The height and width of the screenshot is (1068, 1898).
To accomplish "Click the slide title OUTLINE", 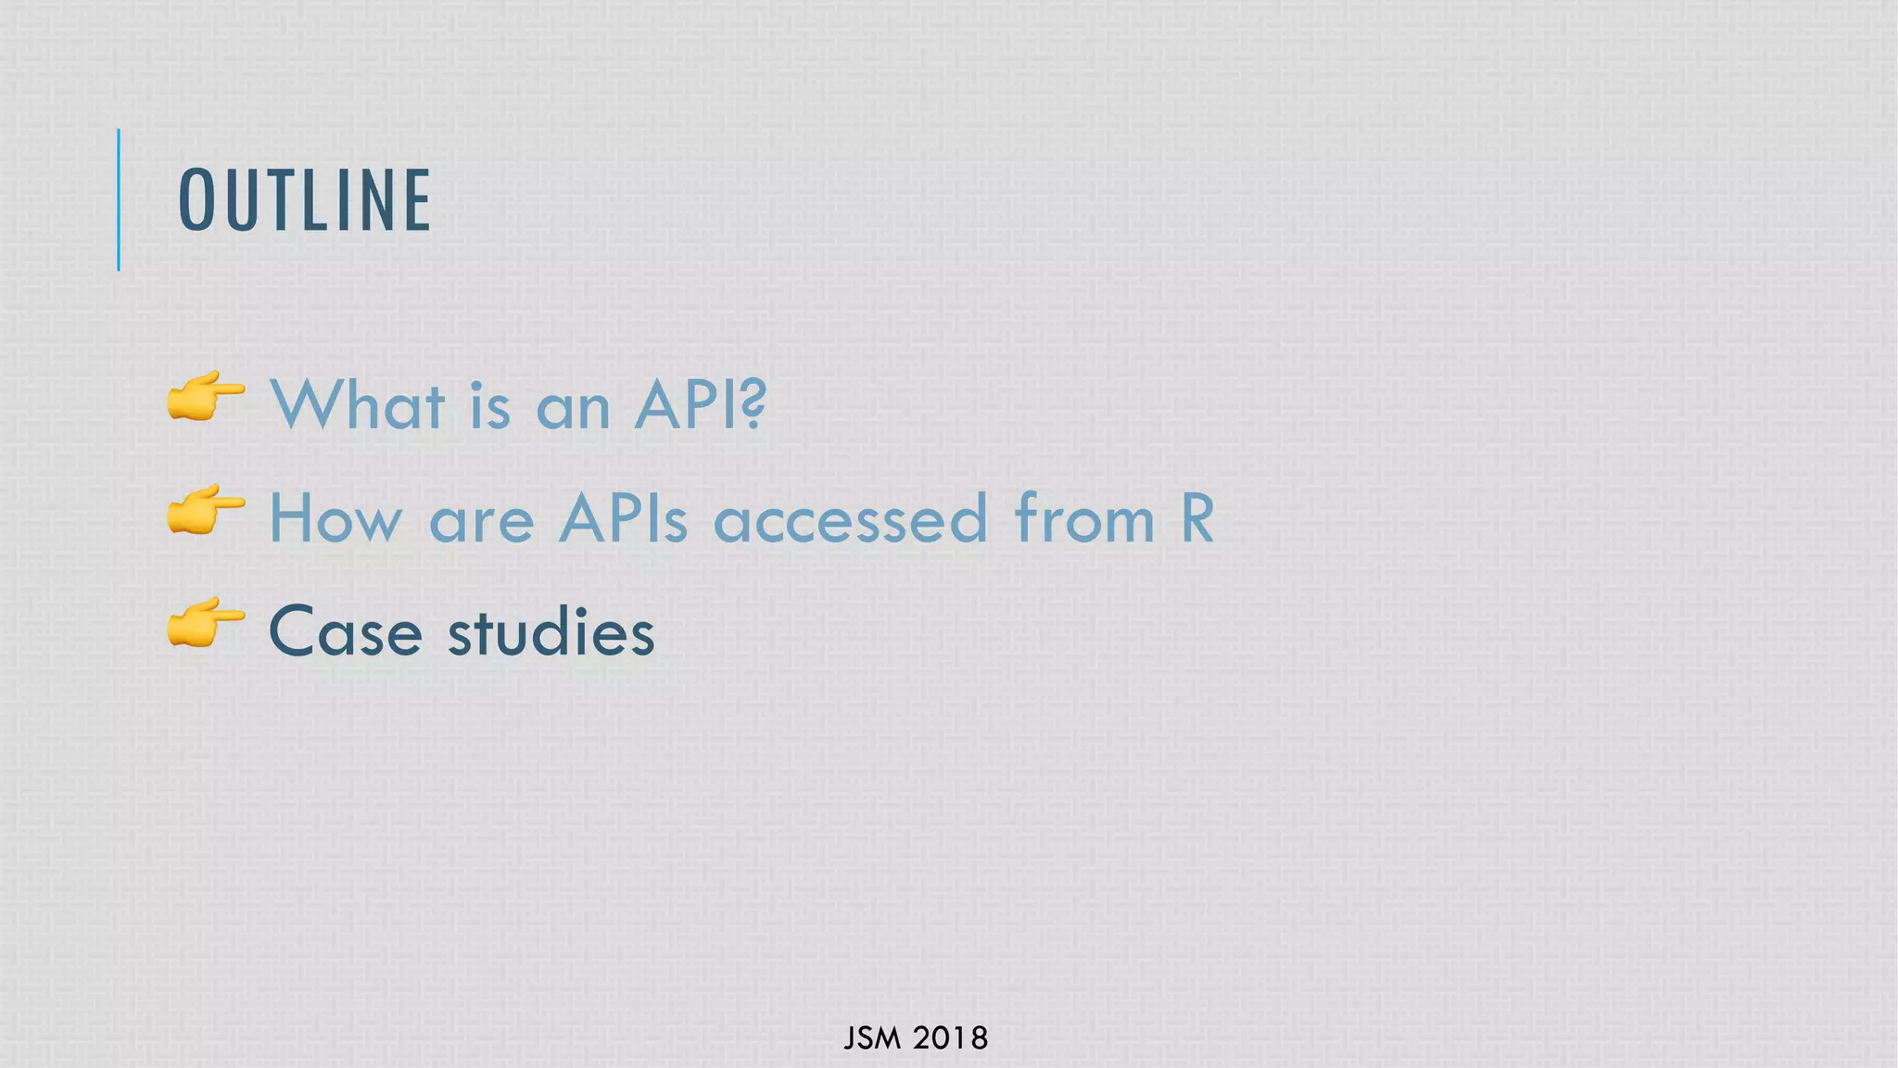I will [x=304, y=200].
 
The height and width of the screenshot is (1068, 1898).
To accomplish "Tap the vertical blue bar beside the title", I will [x=119, y=199].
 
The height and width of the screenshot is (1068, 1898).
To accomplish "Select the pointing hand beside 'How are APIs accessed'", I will [x=206, y=510].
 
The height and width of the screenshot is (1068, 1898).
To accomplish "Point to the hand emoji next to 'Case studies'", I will [x=206, y=623].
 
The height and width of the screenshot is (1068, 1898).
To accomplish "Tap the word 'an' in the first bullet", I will [x=573, y=410].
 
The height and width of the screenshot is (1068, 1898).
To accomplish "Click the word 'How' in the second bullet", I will [x=335, y=518].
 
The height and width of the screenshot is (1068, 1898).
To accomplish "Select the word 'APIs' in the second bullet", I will [x=623, y=518].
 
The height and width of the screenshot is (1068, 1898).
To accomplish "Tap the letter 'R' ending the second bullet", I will [x=1197, y=518].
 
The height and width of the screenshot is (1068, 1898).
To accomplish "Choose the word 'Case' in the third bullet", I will [x=345, y=632].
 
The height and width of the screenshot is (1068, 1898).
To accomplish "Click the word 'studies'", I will [x=551, y=632].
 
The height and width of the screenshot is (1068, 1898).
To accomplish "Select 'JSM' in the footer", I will [x=872, y=1038].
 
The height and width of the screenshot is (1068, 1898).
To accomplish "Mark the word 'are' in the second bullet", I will [x=481, y=523].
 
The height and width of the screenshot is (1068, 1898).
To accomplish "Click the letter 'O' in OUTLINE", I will [x=196, y=200].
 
